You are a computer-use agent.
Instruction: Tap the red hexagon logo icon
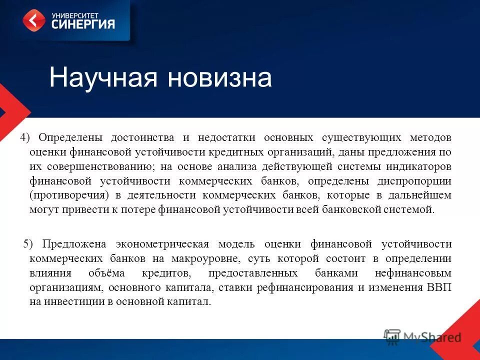pos(33,20)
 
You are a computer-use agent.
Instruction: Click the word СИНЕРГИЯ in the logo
pos(83,24)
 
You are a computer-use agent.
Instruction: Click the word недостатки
pos(226,137)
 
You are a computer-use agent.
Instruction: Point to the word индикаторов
pos(416,166)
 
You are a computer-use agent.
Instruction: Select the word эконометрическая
pos(162,244)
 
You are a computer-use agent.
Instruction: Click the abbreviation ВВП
pos(439,287)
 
